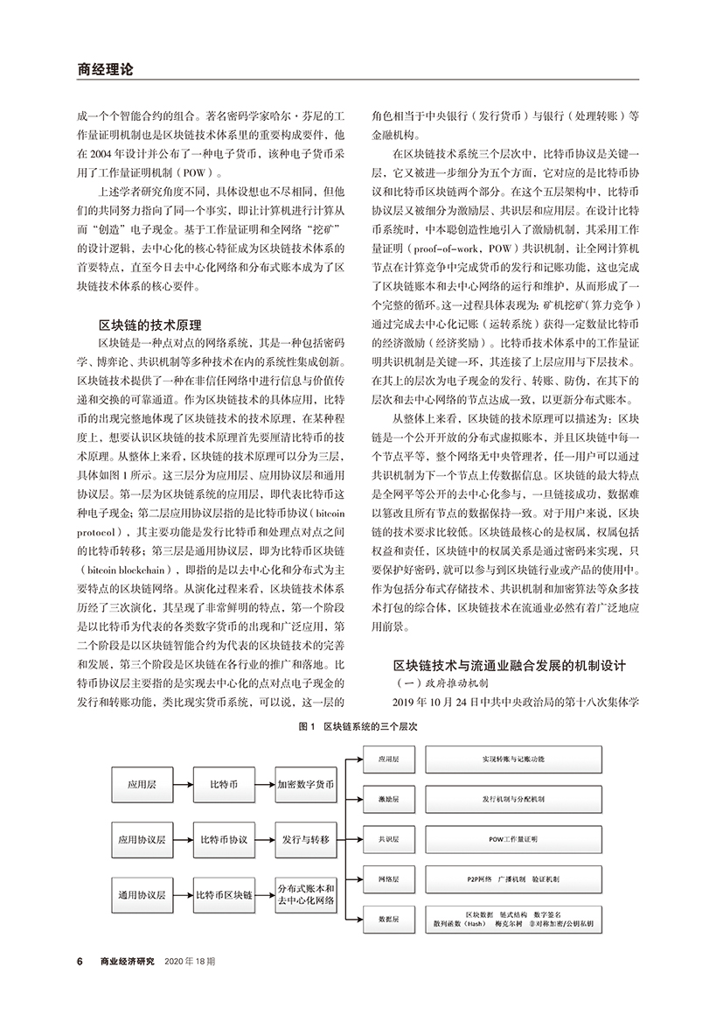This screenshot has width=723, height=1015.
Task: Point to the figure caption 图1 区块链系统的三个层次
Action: click(x=359, y=727)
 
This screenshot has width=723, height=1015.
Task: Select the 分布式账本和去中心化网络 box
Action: click(x=306, y=895)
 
